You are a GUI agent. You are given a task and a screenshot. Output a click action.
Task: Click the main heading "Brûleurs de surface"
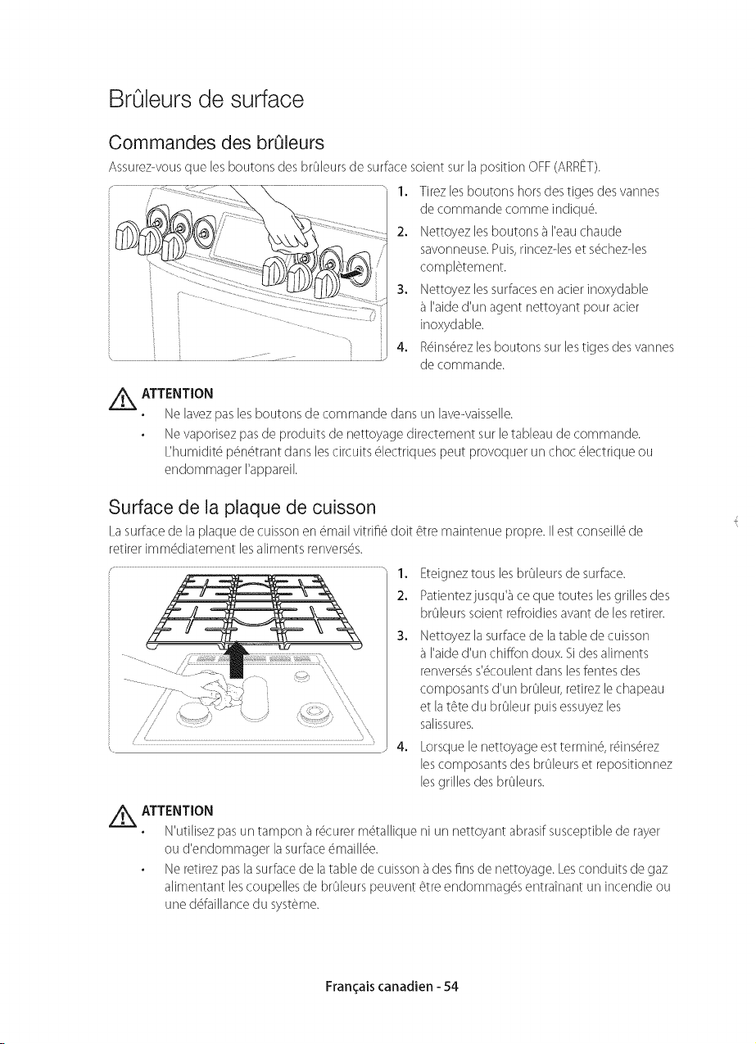[x=206, y=99]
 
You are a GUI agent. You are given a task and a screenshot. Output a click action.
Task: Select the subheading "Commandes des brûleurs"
[x=216, y=142]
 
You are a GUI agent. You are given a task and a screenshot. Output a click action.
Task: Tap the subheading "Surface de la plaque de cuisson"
[x=242, y=508]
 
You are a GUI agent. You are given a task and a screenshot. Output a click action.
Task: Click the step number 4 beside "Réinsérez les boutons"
[x=401, y=347]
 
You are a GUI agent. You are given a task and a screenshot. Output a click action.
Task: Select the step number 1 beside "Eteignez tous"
[x=401, y=573]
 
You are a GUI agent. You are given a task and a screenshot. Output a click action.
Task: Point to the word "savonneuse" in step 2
[x=454, y=250]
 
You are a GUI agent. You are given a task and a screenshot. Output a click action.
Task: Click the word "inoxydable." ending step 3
[x=451, y=324]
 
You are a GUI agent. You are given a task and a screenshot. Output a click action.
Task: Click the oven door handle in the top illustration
[x=261, y=293]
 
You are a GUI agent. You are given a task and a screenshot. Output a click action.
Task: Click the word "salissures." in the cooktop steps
[x=447, y=725]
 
